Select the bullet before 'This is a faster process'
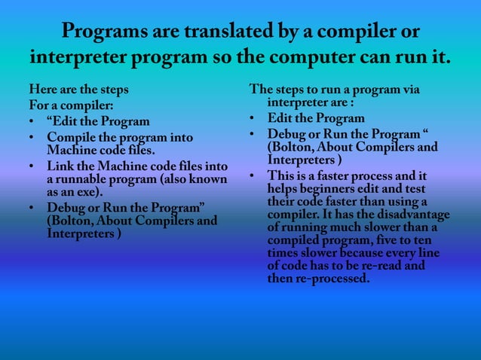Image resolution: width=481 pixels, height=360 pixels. coord(254,176)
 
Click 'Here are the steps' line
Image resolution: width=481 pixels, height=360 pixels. coord(75,90)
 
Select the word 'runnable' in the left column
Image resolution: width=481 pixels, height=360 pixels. coord(79,180)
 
